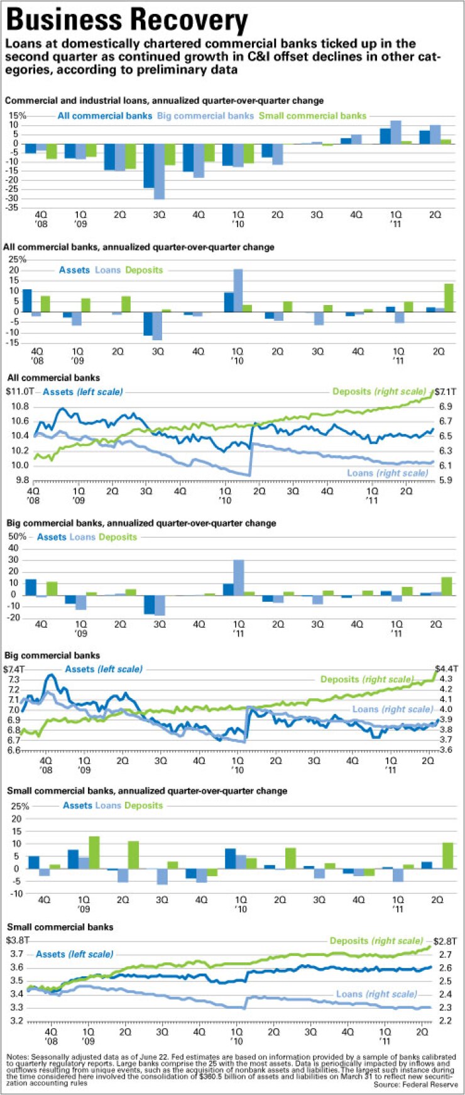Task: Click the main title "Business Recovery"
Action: click(x=126, y=20)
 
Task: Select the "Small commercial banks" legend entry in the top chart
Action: click(x=312, y=116)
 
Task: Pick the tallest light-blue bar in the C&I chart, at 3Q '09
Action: click(x=160, y=171)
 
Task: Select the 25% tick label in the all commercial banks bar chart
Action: click(x=17, y=259)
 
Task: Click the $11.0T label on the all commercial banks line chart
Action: click(x=19, y=392)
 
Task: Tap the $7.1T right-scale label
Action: click(x=447, y=392)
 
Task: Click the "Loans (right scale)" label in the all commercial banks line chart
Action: click(x=387, y=473)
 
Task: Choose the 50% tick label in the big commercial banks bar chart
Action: click(x=17, y=536)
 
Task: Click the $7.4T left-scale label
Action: click(x=14, y=669)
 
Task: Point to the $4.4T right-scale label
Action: click(x=447, y=668)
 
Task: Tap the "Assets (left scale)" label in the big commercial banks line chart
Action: click(x=104, y=669)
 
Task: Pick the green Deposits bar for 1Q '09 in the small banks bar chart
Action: click(x=94, y=852)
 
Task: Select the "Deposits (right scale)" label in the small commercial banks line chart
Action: click(x=376, y=941)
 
